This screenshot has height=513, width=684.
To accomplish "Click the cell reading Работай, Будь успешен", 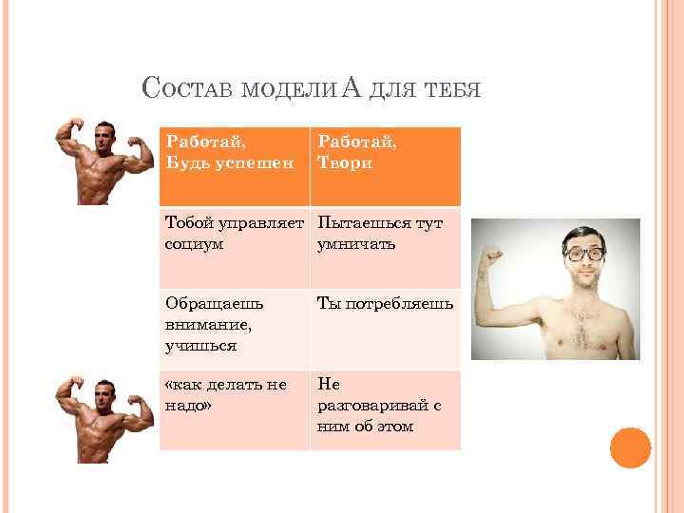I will [233, 165].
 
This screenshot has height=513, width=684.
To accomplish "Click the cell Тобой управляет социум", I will [233, 246].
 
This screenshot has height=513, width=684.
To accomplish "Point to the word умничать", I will [355, 244].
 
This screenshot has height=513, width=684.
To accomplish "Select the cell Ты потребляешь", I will [385, 328].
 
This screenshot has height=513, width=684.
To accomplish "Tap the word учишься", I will [200, 347].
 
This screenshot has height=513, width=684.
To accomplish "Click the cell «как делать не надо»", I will [233, 409].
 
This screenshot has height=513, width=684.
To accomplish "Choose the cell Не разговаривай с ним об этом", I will [385, 409].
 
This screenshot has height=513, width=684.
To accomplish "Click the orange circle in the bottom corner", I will [629, 447].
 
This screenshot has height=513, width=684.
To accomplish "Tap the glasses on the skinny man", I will [582, 254].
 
